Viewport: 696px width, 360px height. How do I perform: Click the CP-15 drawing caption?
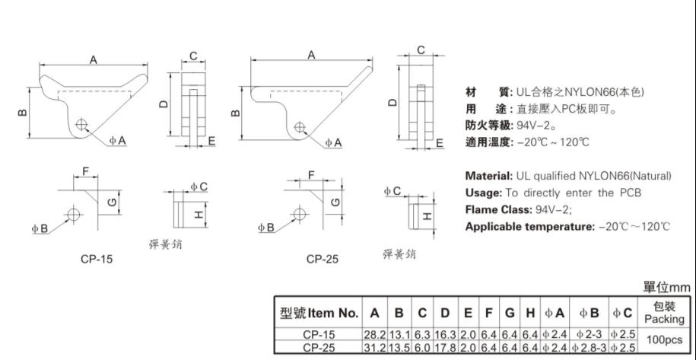click(x=97, y=259)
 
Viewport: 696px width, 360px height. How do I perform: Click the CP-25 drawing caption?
click(x=323, y=259)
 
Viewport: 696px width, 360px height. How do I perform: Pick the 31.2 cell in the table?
click(x=375, y=348)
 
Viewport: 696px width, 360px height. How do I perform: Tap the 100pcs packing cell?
click(x=664, y=341)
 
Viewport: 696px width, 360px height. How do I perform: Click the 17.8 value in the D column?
click(x=445, y=348)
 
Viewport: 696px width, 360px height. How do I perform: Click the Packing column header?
click(x=664, y=313)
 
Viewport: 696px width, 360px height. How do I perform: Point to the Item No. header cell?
click(x=319, y=313)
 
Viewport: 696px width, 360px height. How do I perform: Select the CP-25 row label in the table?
click(x=319, y=348)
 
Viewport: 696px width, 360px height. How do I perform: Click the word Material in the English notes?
click(x=488, y=176)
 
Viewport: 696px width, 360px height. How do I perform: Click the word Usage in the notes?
click(x=482, y=193)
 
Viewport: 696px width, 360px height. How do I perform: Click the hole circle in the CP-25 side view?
click(x=301, y=126)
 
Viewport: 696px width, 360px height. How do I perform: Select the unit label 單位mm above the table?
click(x=666, y=287)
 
